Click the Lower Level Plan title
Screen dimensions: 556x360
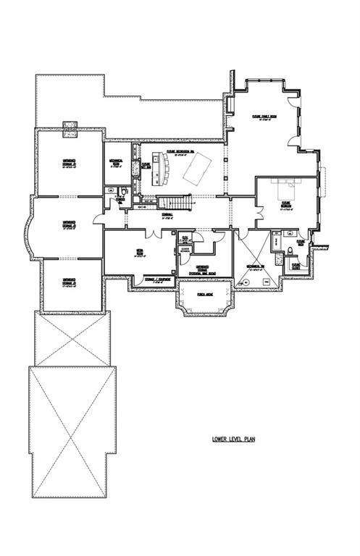[x=234, y=439]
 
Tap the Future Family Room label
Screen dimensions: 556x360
[x=261, y=119]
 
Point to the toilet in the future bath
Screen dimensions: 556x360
[x=290, y=250]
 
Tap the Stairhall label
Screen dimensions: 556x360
[x=167, y=215]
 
